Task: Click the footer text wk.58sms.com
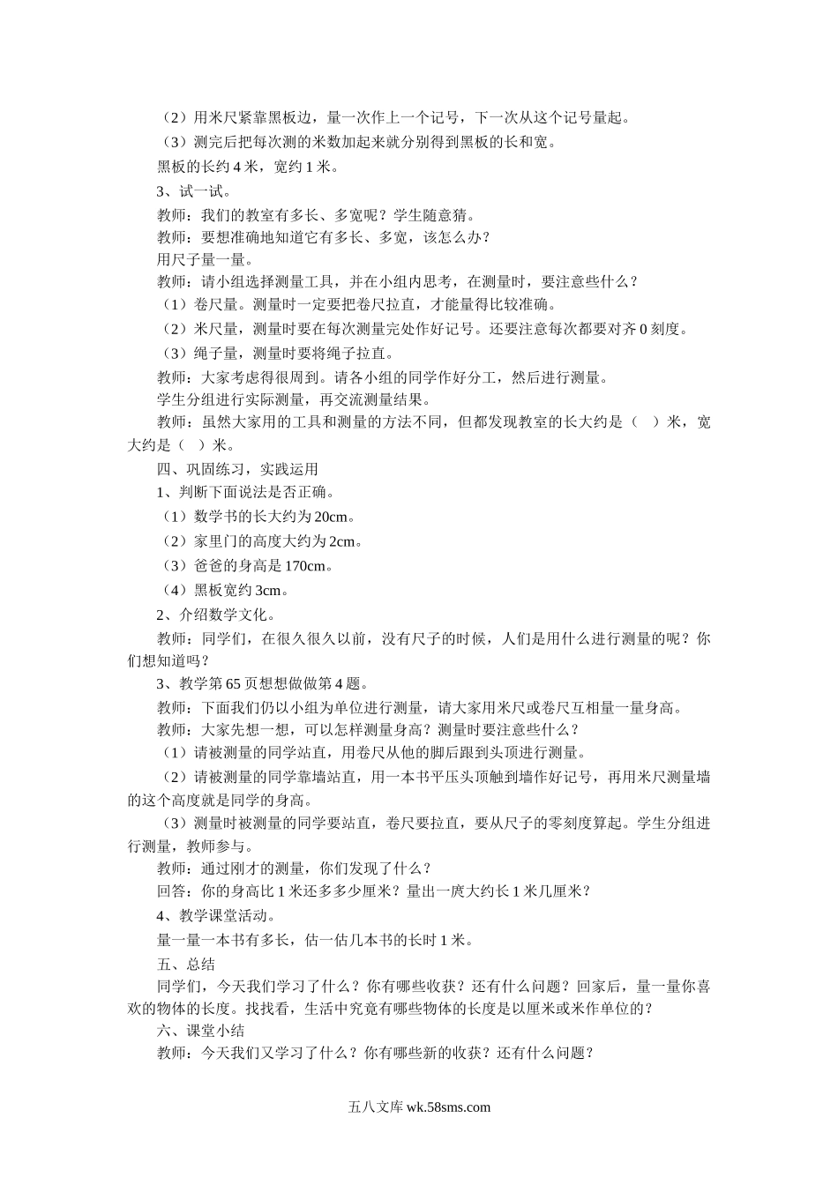[x=448, y=1108]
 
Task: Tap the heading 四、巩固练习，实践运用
[x=236, y=469]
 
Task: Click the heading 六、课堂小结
[x=200, y=1031]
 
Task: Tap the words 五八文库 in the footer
[x=376, y=1108]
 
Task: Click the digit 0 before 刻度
[x=643, y=329]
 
